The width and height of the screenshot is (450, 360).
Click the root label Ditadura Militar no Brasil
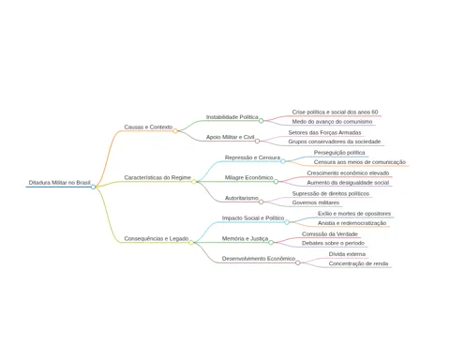tap(59, 183)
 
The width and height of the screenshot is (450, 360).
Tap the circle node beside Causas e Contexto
tap(175, 131)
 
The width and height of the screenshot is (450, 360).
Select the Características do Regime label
tap(157, 177)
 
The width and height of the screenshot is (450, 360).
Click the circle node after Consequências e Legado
tap(191, 243)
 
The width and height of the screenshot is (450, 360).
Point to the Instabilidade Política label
tap(232, 117)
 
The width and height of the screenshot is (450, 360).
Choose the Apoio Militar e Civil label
tap(231, 137)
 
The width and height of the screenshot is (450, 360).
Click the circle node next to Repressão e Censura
tap(283, 161)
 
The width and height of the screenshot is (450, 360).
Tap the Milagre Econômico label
tap(249, 177)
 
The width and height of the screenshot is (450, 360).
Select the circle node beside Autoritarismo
tap(261, 202)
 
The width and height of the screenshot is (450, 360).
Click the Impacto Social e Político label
tap(253, 217)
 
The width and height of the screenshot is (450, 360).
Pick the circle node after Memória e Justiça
tap(271, 243)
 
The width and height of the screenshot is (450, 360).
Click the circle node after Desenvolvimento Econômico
tap(298, 262)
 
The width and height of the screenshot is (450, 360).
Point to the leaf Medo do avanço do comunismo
tap(332, 122)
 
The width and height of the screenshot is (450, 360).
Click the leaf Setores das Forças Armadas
tap(324, 132)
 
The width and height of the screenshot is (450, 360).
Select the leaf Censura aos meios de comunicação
tap(360, 162)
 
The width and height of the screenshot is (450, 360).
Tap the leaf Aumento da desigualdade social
tap(348, 183)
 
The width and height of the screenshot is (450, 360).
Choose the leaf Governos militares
tap(316, 202)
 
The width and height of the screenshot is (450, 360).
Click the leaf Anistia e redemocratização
tap(352, 223)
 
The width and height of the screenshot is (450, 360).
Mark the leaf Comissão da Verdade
tap(330, 233)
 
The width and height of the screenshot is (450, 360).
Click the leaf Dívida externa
tap(347, 254)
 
